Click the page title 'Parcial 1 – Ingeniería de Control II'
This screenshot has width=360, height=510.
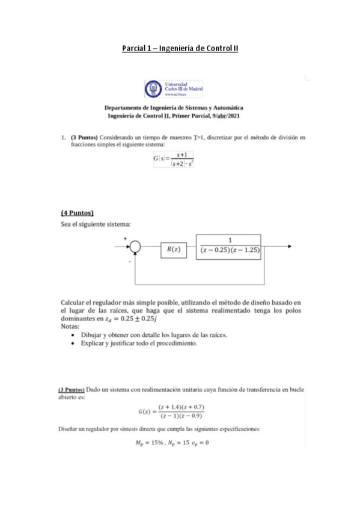point(180,48)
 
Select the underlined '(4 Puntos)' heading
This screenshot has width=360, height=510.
point(78,212)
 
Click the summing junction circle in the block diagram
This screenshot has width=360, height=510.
point(137,246)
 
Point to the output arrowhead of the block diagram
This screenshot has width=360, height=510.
point(290,246)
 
